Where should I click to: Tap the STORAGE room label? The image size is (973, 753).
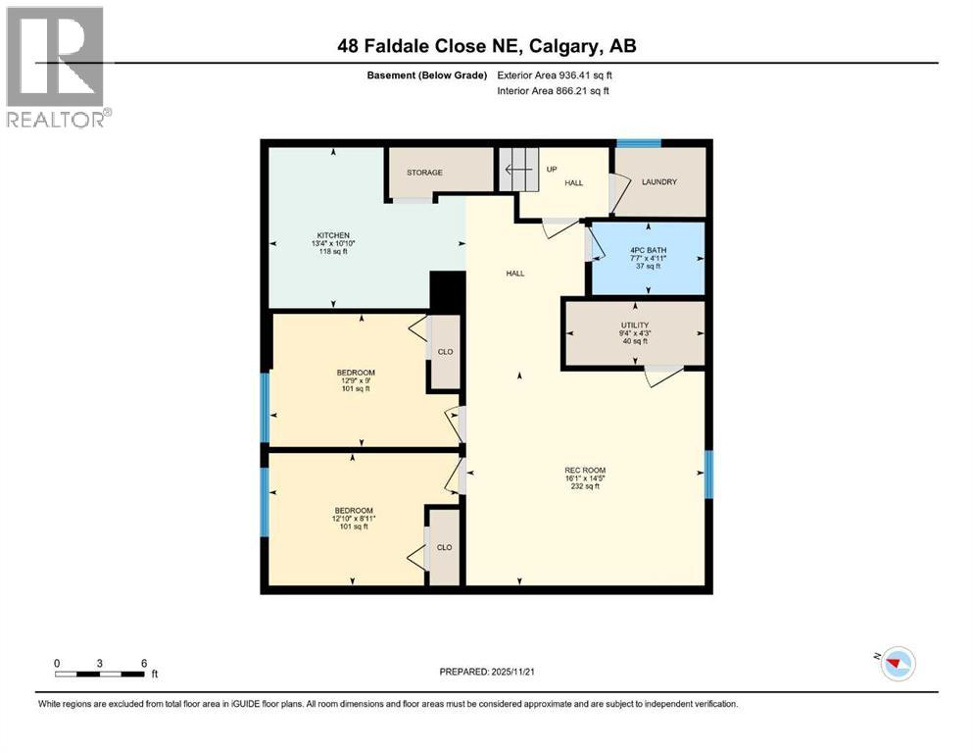424,173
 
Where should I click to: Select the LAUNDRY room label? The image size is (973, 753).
658,182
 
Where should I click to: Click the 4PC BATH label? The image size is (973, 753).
648,250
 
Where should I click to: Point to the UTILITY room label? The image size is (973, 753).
634,325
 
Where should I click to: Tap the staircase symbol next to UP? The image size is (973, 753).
519,171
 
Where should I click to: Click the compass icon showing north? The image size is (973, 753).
898,664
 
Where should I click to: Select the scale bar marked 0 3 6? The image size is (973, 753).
101,673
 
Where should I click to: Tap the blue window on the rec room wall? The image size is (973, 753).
708,474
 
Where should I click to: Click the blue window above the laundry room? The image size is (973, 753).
638,143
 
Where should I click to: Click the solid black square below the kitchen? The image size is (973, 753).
447,291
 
